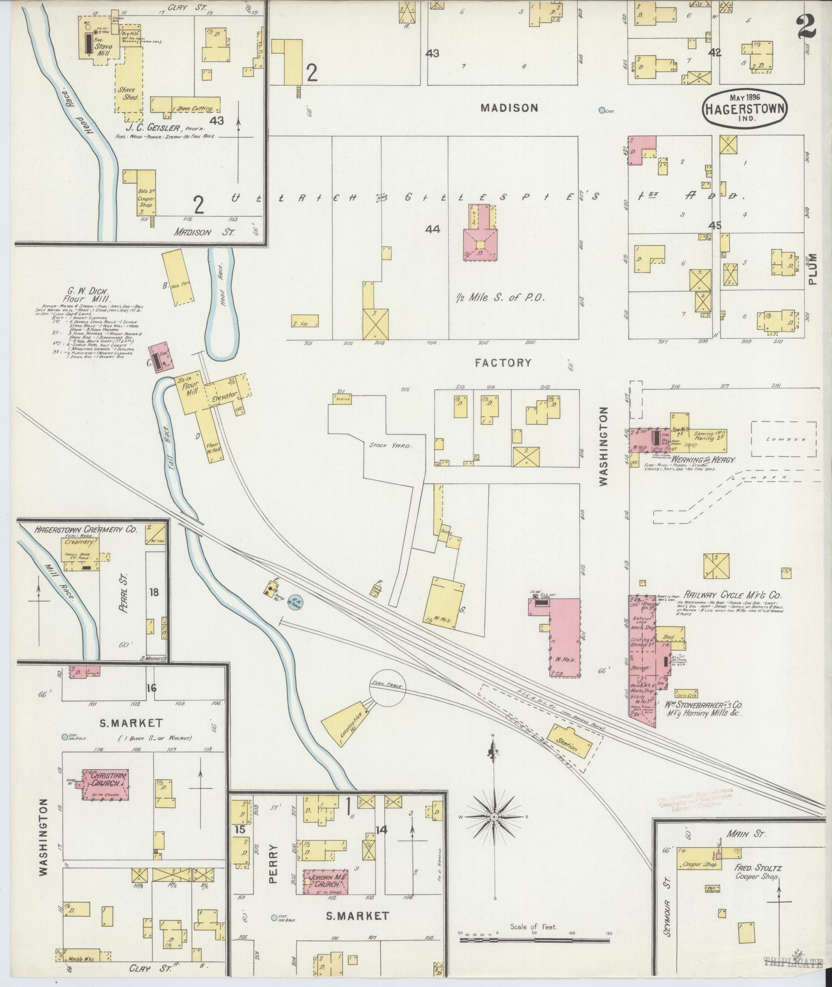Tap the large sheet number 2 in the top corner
pyautogui.click(x=806, y=26)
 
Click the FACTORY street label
pyautogui.click(x=503, y=363)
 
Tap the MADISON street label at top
pyautogui.click(x=509, y=108)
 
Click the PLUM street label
pyautogui.click(x=813, y=269)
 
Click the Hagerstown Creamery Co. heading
pyautogui.click(x=86, y=529)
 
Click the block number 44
pyautogui.click(x=432, y=229)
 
